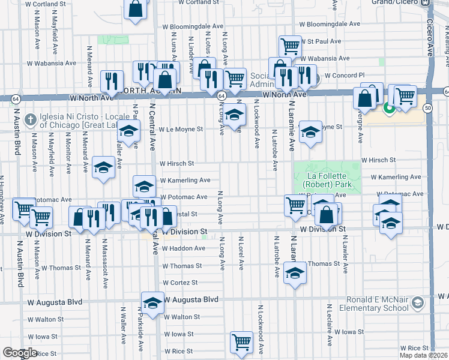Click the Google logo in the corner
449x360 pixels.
[20, 353]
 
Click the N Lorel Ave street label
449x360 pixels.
[241, 254]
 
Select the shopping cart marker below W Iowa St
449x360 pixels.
[241, 342]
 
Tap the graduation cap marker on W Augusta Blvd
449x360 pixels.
[152, 302]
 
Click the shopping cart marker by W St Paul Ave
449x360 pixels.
[290, 46]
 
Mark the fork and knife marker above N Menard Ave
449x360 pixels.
[112, 80]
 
